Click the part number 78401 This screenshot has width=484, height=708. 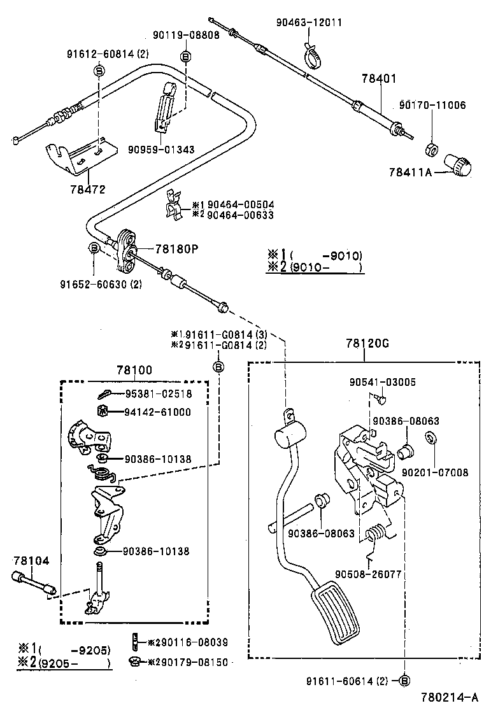point(379,79)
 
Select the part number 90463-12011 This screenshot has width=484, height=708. point(309,22)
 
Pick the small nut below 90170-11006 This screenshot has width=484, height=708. point(431,150)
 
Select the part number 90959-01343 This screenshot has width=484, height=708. point(160,150)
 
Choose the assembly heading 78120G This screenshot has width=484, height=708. point(367,343)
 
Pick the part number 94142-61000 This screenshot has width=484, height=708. point(157,412)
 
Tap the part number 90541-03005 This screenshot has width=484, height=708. point(382,382)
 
